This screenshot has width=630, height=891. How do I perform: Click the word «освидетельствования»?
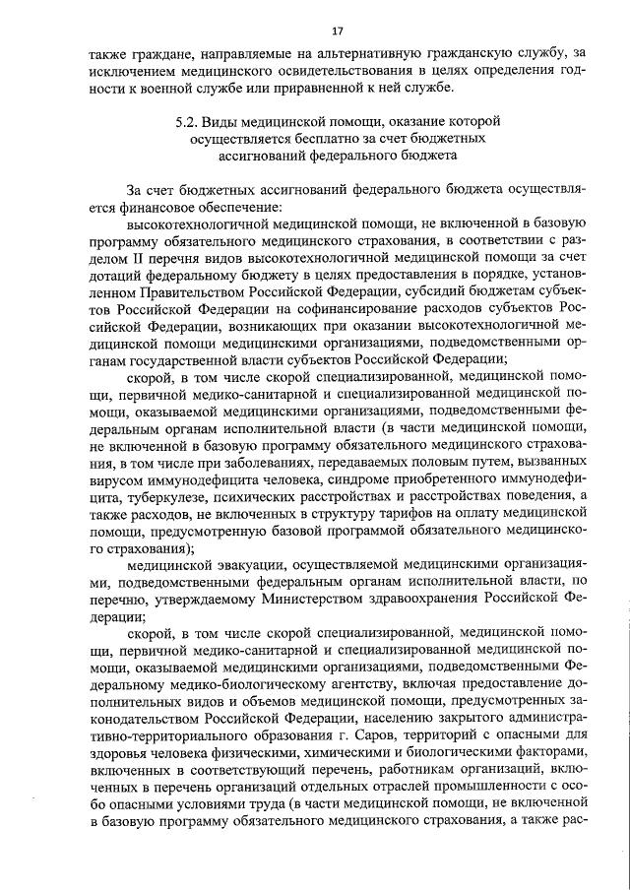tap(317, 70)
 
